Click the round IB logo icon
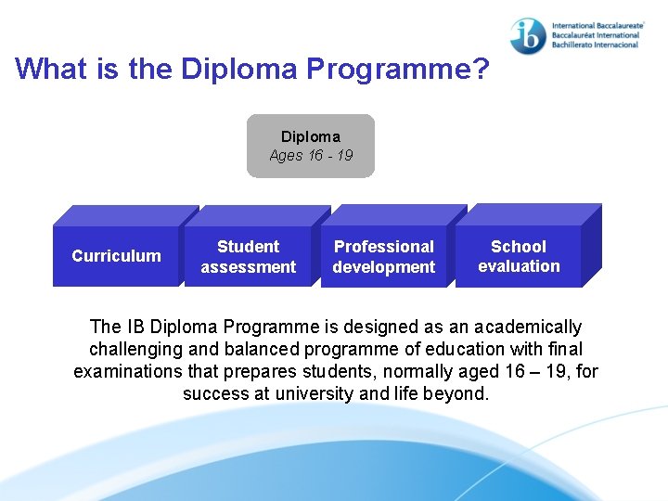pyautogui.click(x=528, y=34)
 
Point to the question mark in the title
pyautogui.click(x=481, y=69)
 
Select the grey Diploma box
pyautogui.click(x=310, y=146)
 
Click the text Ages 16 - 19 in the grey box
pyautogui.click(x=311, y=156)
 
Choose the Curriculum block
pyautogui.click(x=116, y=256)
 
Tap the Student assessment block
pyautogui.click(x=248, y=257)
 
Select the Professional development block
pyautogui.click(x=383, y=257)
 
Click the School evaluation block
pyautogui.click(x=519, y=256)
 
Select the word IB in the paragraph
pyautogui.click(x=135, y=328)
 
